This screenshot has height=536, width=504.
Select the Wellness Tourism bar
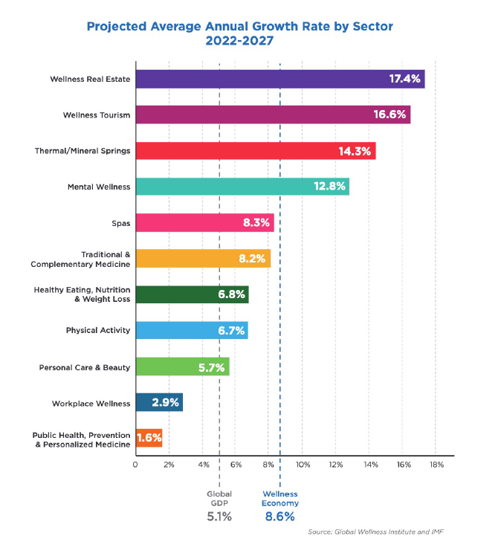(272, 114)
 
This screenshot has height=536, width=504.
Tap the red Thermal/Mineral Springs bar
(255, 150)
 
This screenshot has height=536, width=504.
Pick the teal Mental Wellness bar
(242, 187)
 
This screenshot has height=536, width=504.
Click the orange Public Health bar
(148, 438)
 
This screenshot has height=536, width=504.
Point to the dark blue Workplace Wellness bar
(158, 403)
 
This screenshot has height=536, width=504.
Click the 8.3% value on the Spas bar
(256, 222)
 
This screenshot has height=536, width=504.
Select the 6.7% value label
(231, 331)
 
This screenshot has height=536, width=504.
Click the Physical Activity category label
(97, 331)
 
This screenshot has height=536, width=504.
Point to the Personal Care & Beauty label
(84, 367)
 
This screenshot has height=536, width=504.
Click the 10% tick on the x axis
(303, 465)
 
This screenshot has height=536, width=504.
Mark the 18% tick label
(436, 465)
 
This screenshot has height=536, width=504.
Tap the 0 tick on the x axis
(135, 465)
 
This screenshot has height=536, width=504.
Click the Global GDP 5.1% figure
(219, 516)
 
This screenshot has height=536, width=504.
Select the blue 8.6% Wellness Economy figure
(280, 516)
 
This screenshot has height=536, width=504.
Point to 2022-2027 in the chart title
(239, 42)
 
